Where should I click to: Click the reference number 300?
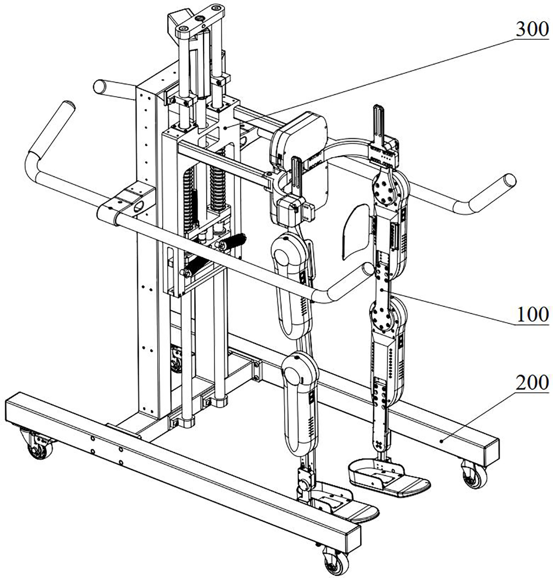532,30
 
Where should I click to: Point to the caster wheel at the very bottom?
336,561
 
